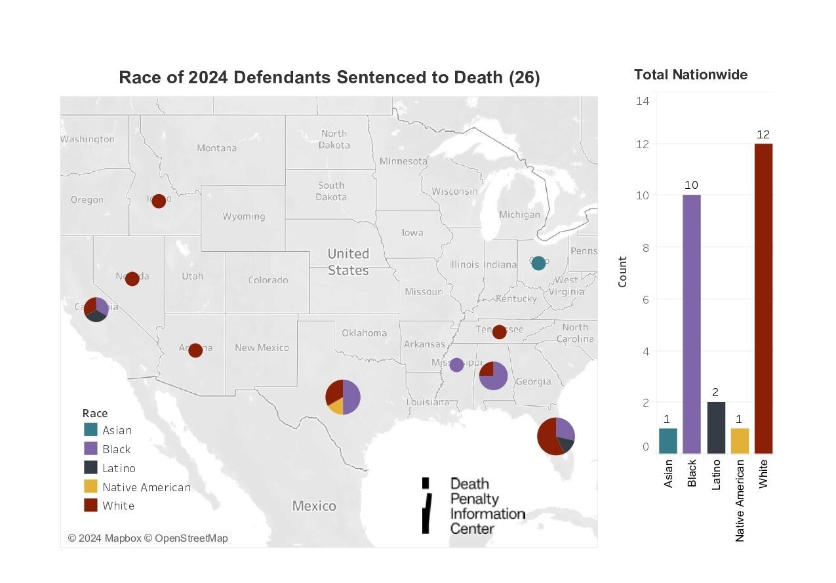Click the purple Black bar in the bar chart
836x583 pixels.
(x=692, y=324)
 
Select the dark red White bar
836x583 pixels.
(x=763, y=298)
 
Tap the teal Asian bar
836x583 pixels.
(x=668, y=441)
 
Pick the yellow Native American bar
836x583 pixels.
(x=740, y=441)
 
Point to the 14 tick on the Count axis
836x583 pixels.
(x=643, y=101)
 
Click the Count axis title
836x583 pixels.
(x=622, y=271)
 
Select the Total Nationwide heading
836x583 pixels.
(x=690, y=75)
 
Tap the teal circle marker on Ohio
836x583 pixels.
(x=538, y=263)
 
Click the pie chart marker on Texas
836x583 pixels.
(x=343, y=397)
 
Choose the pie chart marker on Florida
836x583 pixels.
(x=555, y=435)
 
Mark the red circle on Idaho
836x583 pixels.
(x=159, y=201)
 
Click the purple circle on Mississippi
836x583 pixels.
(x=456, y=365)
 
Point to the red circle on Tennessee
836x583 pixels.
(x=499, y=332)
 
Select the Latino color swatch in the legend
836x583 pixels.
(x=91, y=468)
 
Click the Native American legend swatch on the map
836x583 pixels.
(x=91, y=487)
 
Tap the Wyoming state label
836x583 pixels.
(x=244, y=216)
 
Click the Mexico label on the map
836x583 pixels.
(x=314, y=506)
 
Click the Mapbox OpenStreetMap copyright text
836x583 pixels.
(x=148, y=538)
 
